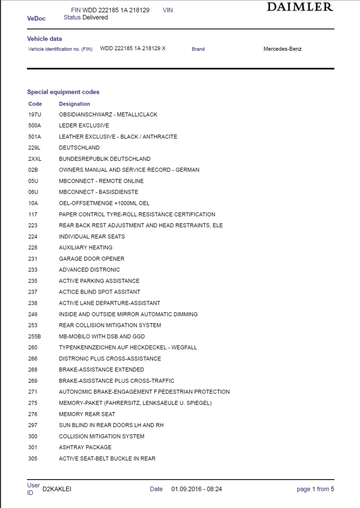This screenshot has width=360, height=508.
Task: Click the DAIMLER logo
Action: (300, 7)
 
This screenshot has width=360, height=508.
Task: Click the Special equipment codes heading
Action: (63, 92)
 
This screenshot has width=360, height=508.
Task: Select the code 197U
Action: (34, 114)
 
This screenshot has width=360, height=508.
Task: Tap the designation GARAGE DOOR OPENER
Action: (91, 259)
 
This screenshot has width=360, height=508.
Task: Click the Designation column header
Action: (74, 104)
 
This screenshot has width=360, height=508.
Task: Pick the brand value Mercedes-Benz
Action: (282, 49)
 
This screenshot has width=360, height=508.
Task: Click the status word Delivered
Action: (95, 17)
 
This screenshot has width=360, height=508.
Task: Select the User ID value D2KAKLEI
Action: (57, 489)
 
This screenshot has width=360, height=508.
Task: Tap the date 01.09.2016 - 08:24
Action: (197, 489)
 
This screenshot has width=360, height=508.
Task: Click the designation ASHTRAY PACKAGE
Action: (85, 447)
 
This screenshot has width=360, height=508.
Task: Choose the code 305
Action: (33, 458)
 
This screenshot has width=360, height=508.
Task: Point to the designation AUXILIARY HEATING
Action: (85, 247)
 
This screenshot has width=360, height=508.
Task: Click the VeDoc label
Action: (36, 18)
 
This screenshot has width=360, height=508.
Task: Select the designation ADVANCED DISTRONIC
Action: (89, 270)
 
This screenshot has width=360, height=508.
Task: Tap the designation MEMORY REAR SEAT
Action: (87, 414)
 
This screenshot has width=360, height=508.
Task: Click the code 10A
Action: (33, 203)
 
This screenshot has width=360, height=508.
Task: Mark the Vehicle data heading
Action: (45, 39)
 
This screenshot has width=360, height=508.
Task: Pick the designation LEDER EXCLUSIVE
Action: (84, 125)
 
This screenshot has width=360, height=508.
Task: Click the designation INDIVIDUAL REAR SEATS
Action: (92, 236)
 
